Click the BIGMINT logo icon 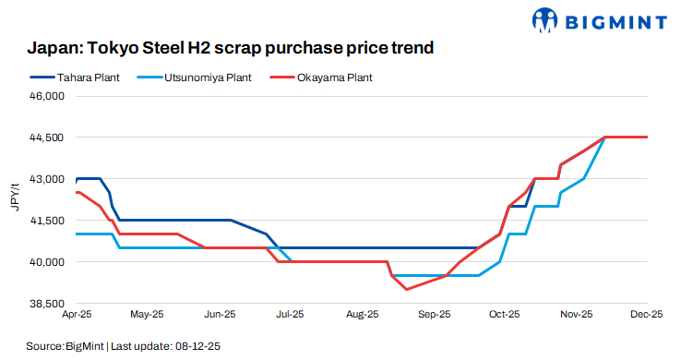tap(546, 18)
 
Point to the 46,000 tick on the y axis tap(49, 96)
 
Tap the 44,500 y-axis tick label tap(49, 138)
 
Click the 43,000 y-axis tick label tap(49, 179)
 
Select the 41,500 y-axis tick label tap(49, 221)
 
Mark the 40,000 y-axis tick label tap(49, 262)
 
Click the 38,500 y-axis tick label tap(49, 304)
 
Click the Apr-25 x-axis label tap(77, 315)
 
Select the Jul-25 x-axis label tap(290, 315)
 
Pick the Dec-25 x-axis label tap(646, 315)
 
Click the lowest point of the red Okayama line tap(407, 290)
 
